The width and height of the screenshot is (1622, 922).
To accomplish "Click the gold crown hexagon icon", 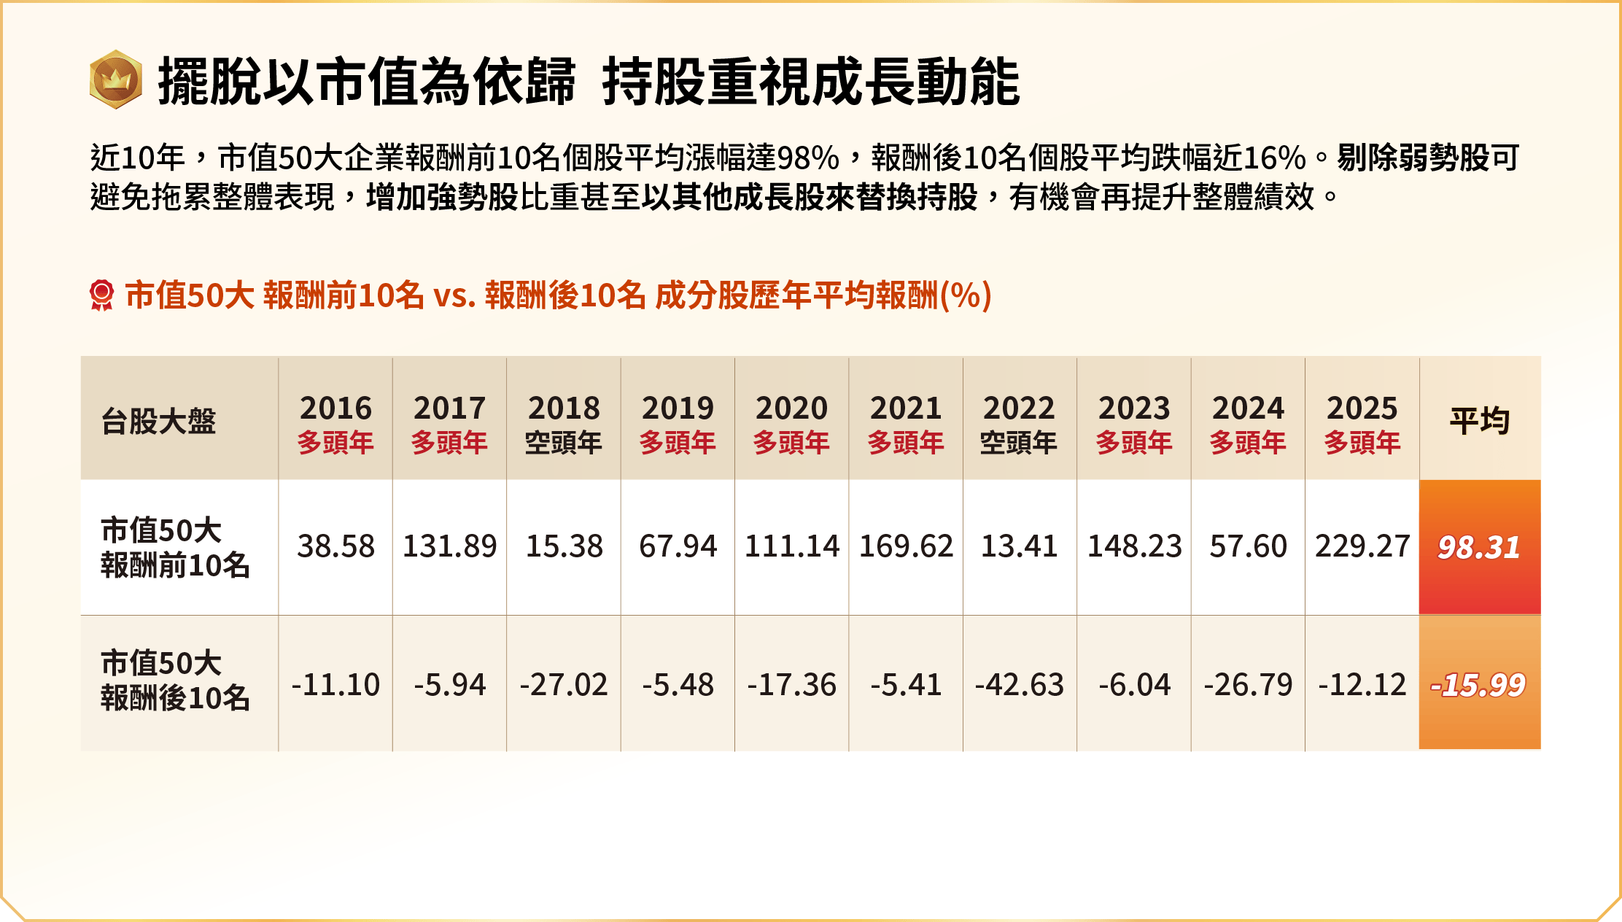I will (115, 80).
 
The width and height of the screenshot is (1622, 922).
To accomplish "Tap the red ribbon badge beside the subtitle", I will (101, 295).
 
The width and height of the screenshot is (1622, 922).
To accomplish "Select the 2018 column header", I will (564, 423).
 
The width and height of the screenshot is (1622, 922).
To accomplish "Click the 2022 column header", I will (1019, 423).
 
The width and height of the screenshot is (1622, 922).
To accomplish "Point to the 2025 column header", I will (1362, 423).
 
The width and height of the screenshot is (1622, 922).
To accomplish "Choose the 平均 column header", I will (1479, 421).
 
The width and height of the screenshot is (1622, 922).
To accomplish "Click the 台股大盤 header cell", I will (159, 421).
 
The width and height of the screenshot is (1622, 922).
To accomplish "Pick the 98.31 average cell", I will (1479, 547).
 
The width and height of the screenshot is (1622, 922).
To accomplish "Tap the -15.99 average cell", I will (1479, 684).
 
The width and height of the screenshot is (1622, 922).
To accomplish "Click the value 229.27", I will (1362, 546).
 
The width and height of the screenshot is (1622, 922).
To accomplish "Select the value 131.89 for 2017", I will (449, 546).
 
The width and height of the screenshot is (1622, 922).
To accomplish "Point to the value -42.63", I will (1019, 685).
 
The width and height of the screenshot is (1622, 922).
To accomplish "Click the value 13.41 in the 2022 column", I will (1019, 546).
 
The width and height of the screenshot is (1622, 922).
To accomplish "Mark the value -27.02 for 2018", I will (564, 685).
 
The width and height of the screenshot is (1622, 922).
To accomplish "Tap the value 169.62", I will (906, 546).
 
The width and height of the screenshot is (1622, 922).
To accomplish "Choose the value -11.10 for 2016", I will (335, 685).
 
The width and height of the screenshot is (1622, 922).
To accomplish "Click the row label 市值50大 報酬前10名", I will (175, 547).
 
